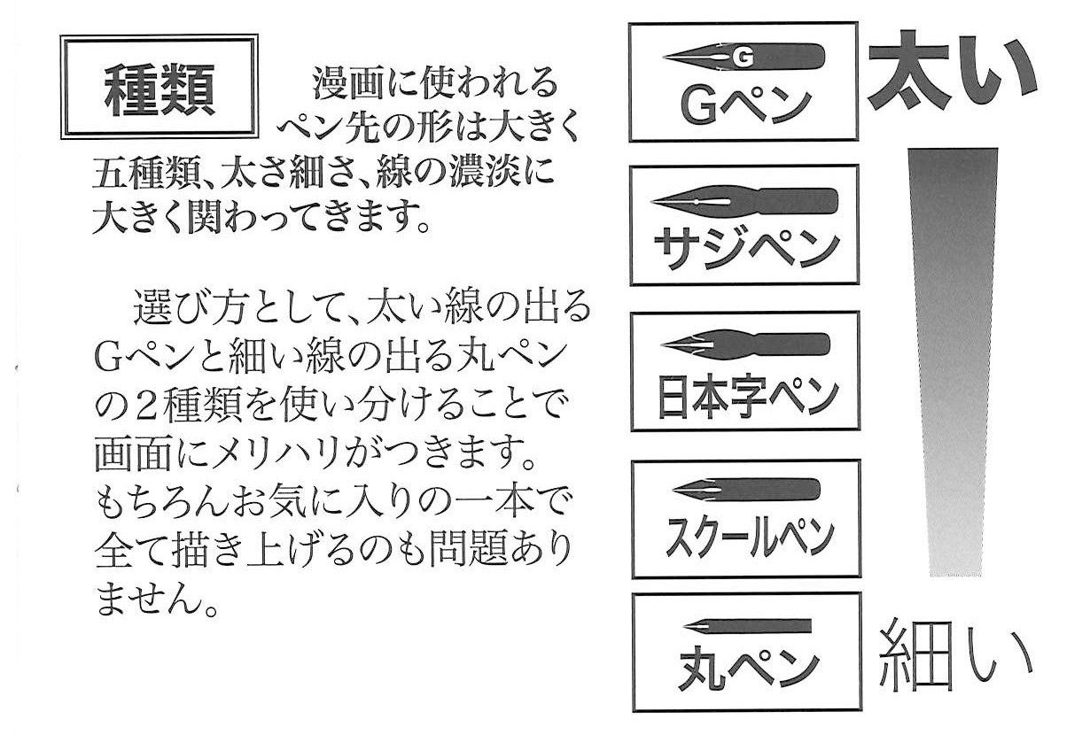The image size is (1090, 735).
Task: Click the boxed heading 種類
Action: click(159, 89)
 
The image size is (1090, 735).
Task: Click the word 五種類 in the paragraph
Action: click(142, 172)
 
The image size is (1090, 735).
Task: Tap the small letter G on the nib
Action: click(742, 58)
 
